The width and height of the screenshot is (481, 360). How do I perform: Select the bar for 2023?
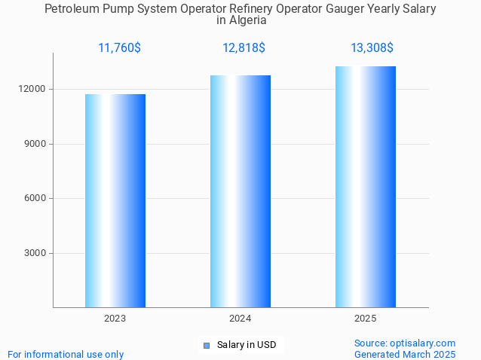tap(115, 200)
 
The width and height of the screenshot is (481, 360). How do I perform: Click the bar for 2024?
tap(240, 191)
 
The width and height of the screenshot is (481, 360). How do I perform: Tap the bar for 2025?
tap(366, 187)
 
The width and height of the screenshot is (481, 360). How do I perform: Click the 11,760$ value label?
tap(119, 48)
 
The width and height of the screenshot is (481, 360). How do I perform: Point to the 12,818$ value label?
tap(244, 48)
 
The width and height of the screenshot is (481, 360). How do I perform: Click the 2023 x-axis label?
tap(115, 319)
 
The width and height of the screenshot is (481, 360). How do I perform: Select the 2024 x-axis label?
tap(240, 319)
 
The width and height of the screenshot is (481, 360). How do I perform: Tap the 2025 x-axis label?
tap(366, 319)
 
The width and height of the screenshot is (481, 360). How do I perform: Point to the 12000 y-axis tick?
tap(33, 89)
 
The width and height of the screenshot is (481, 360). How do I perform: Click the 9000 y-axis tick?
tap(35, 144)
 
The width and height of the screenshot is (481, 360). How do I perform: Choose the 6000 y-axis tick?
tap(35, 199)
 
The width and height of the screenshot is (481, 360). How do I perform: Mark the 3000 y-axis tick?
tap(35, 253)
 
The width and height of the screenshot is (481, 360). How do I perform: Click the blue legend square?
tap(207, 346)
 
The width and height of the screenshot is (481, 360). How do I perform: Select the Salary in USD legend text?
tap(247, 345)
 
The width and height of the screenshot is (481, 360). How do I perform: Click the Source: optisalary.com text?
tap(405, 343)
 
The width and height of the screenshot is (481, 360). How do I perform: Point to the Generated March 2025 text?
tap(405, 354)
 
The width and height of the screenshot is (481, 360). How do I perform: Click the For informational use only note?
tap(66, 354)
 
